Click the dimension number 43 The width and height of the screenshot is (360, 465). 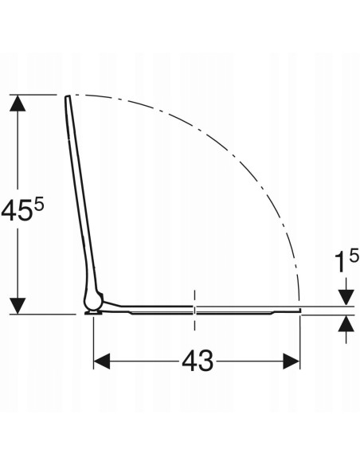pyautogui.click(x=198, y=361)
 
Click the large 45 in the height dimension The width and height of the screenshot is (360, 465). pyautogui.click(x=16, y=210)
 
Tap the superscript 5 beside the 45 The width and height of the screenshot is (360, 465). pyautogui.click(x=39, y=205)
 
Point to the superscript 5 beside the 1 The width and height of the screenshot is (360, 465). pyautogui.click(x=354, y=256)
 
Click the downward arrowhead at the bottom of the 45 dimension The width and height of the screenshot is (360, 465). pyautogui.click(x=18, y=306)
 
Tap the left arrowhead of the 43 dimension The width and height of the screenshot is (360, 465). pyautogui.click(x=102, y=361)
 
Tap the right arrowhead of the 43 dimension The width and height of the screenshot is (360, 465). pyautogui.click(x=292, y=361)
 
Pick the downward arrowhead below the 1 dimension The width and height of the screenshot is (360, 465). pyautogui.click(x=346, y=297)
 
